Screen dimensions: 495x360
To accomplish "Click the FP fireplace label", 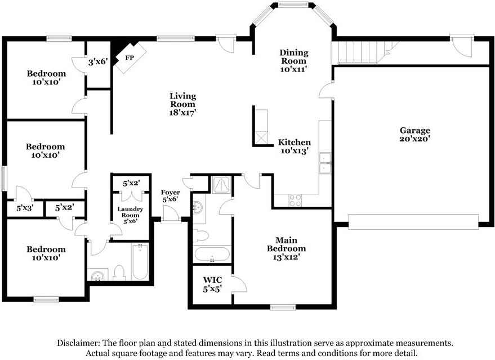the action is tap(130, 58).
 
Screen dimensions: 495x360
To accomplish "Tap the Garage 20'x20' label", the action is tap(415, 134).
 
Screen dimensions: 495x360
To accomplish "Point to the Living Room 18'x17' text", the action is tap(183, 104).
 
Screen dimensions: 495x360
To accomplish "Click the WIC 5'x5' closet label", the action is tap(212, 284).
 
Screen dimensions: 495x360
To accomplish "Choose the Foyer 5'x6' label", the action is tap(171, 196).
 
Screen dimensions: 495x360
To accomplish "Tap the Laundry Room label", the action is tap(131, 212).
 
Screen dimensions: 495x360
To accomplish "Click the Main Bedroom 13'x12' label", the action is tap(286, 248).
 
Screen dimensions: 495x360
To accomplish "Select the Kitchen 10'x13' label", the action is tap(294, 146).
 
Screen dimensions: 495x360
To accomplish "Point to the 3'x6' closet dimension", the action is tap(98, 61).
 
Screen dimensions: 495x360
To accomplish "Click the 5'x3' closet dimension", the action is tap(25, 208).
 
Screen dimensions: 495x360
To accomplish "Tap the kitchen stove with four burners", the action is tap(295, 200).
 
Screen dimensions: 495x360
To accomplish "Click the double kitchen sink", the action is tap(325, 163).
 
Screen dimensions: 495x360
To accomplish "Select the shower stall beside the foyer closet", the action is tap(222, 185).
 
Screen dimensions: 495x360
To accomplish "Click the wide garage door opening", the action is tap(413, 221).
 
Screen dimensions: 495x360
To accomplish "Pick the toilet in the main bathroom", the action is tap(201, 235).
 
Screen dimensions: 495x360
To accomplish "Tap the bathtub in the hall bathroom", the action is tap(139, 261).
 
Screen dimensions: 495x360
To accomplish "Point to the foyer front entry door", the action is tap(171, 215).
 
